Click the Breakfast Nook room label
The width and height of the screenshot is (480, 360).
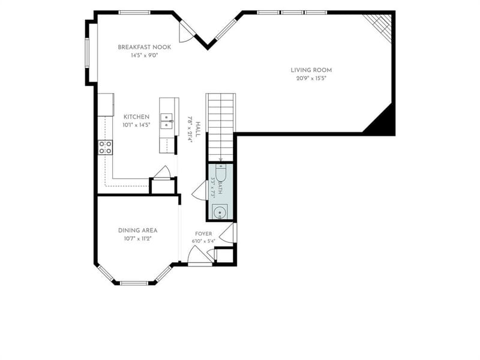(145, 47)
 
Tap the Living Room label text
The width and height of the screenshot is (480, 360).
(311, 70)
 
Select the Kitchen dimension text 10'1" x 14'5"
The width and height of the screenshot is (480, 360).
(137, 125)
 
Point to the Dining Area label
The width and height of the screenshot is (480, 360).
(138, 230)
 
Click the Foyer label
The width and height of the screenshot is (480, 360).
(203, 234)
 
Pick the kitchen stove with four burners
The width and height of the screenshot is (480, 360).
(105, 147)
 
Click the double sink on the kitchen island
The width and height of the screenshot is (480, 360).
(167, 121)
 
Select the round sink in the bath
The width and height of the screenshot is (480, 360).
(220, 212)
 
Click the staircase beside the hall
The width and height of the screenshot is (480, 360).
(221, 127)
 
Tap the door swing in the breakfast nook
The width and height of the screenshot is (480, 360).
(185, 32)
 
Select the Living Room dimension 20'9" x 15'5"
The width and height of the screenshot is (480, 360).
(311, 79)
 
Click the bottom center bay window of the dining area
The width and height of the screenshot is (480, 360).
(134, 283)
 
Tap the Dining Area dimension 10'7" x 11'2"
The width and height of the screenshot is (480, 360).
(138, 239)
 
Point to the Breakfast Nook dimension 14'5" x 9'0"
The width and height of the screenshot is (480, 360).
(145, 56)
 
